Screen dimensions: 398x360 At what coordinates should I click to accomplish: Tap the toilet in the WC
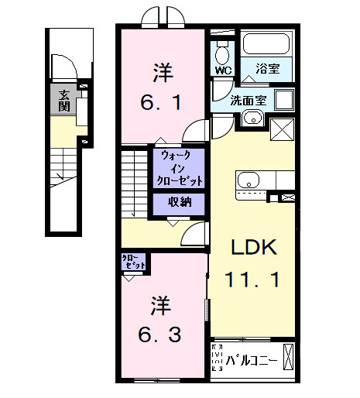pos(223,53)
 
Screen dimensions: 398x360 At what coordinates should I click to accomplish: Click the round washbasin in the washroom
pos(252,118)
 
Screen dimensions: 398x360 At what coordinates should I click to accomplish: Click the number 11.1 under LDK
pos(252,278)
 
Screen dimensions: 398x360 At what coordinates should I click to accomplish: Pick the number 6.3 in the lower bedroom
pos(161,335)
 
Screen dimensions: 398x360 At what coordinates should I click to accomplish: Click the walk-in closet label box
pos(180,167)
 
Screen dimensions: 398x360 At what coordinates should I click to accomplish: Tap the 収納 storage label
pos(180,204)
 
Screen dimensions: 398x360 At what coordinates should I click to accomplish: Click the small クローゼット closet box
pos(134,262)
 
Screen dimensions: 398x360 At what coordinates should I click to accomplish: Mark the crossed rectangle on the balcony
pos(287,357)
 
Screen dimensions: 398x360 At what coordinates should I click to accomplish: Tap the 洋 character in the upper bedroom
pos(161,74)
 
